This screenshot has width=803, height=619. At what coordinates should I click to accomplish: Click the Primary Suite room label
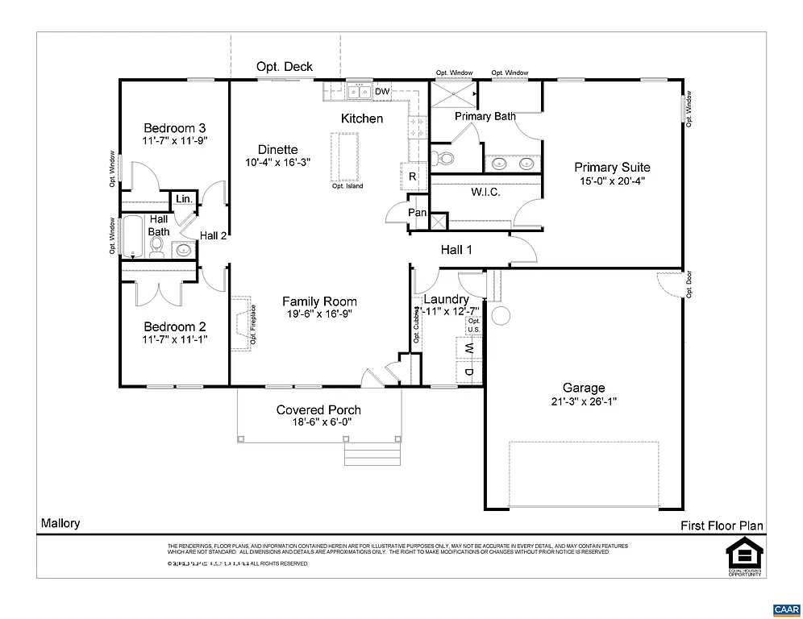(612, 168)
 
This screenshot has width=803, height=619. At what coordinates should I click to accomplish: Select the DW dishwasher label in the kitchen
(382, 92)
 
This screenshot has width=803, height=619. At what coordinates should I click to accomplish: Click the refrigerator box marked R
(412, 177)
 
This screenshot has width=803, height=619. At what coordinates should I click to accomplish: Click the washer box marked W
(468, 348)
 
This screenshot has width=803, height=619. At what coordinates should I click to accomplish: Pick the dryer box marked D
(468, 372)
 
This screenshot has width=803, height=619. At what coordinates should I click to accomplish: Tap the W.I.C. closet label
(486, 193)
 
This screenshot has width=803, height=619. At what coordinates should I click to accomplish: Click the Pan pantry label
(418, 213)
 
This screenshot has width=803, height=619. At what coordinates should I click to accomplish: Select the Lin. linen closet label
(183, 199)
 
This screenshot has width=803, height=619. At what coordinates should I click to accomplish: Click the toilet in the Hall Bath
(157, 244)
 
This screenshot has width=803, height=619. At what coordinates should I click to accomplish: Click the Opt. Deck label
(284, 67)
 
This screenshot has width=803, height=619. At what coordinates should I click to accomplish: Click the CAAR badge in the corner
(785, 609)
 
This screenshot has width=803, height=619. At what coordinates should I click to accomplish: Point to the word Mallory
(60, 523)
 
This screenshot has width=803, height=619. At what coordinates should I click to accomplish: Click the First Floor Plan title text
(721, 526)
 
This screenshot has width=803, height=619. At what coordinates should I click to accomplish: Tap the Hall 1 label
(457, 250)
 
